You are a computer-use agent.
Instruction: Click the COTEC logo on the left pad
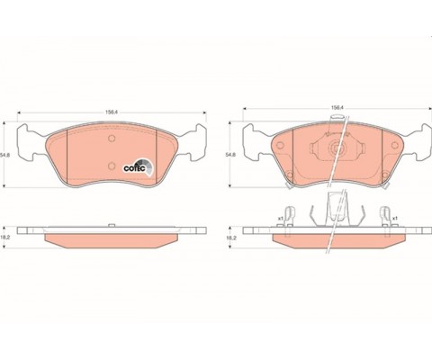click(139, 166)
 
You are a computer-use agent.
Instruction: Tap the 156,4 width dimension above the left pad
click(111, 112)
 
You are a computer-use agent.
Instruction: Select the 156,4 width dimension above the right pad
click(337, 107)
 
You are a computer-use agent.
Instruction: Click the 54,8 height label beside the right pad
click(230, 155)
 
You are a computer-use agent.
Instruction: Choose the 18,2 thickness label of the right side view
click(230, 238)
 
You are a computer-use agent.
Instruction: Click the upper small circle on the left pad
click(112, 139)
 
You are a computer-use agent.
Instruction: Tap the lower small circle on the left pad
click(112, 166)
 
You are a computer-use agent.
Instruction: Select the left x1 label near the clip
click(280, 218)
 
